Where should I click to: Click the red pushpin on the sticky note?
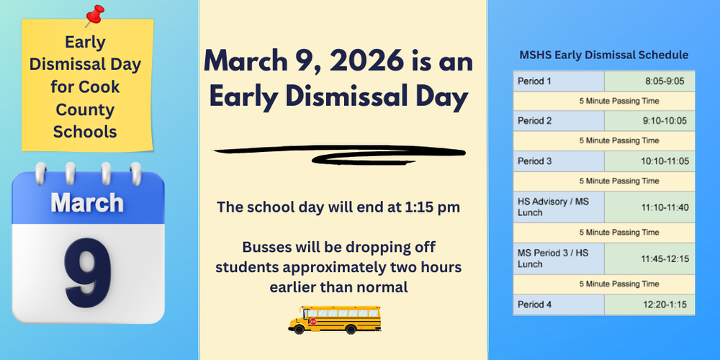(94, 14)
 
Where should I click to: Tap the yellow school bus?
(334, 318)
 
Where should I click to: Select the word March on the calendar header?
(87, 202)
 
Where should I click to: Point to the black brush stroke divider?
(338, 153)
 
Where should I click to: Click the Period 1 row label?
(534, 81)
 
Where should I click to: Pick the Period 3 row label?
(534, 161)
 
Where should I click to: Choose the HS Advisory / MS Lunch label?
(553, 207)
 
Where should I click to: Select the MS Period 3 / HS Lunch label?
(553, 258)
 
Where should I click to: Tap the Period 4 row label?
(534, 305)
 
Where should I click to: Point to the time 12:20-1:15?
(665, 305)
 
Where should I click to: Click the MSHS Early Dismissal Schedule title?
(603, 55)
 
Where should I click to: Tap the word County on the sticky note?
(85, 110)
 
